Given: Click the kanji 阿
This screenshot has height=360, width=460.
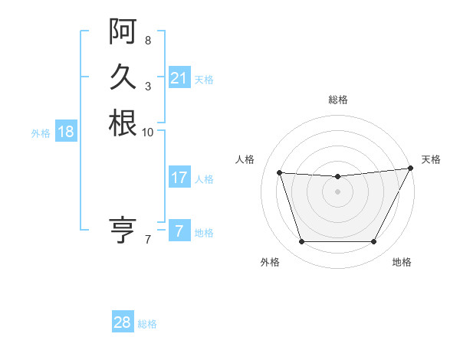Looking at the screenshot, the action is tap(123, 31).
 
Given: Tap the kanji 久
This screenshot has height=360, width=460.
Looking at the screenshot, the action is tap(123, 77).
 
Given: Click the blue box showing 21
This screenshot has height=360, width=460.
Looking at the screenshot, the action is tap(179, 78).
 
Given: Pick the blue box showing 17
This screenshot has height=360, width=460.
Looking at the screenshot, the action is tap(179, 178).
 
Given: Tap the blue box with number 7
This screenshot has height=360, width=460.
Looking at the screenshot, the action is tap(179, 231).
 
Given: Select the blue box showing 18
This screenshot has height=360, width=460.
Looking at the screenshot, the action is tap(66, 132).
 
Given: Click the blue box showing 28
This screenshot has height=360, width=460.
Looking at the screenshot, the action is tap(123, 322).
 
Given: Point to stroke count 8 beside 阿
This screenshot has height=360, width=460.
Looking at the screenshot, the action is tap(148, 40).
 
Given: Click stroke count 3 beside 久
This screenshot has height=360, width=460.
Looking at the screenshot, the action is tap(148, 86).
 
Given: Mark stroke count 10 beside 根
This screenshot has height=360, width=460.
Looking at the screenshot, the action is tap(148, 132).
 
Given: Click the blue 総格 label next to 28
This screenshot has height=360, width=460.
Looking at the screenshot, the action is tap(147, 324).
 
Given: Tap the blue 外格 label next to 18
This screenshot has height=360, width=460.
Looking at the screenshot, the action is tap(41, 133).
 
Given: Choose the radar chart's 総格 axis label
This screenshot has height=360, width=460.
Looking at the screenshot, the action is tap(337, 100).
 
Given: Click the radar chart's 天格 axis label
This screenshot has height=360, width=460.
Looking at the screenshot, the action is tap(431, 159).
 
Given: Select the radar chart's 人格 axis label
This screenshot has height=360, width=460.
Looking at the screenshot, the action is tap(245, 159).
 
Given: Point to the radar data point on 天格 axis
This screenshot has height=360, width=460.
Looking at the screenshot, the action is tap(411, 169).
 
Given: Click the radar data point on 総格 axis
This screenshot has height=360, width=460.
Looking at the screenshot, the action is tap(337, 177).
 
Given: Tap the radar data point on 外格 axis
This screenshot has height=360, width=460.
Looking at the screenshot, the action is tap(301, 242).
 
